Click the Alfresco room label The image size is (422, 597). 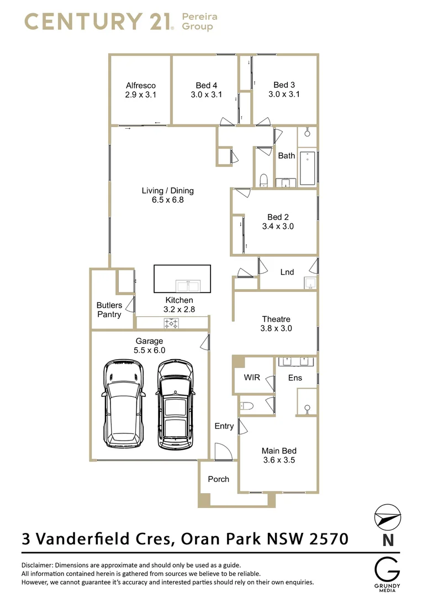coord(140,85)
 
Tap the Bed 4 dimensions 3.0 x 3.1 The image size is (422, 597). coord(206,95)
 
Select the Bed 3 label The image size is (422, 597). coord(284,85)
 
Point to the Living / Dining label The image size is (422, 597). coord(167,191)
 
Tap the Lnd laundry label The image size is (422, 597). coord(287,272)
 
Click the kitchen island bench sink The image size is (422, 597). coord(188,286)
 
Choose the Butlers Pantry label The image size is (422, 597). coord(109,310)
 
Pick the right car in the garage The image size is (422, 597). coord(175,405)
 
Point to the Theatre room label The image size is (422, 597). coord(276,319)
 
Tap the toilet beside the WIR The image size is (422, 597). coord(246,406)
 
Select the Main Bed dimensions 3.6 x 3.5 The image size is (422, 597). coord(278,460)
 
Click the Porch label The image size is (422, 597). coord(218,479)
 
